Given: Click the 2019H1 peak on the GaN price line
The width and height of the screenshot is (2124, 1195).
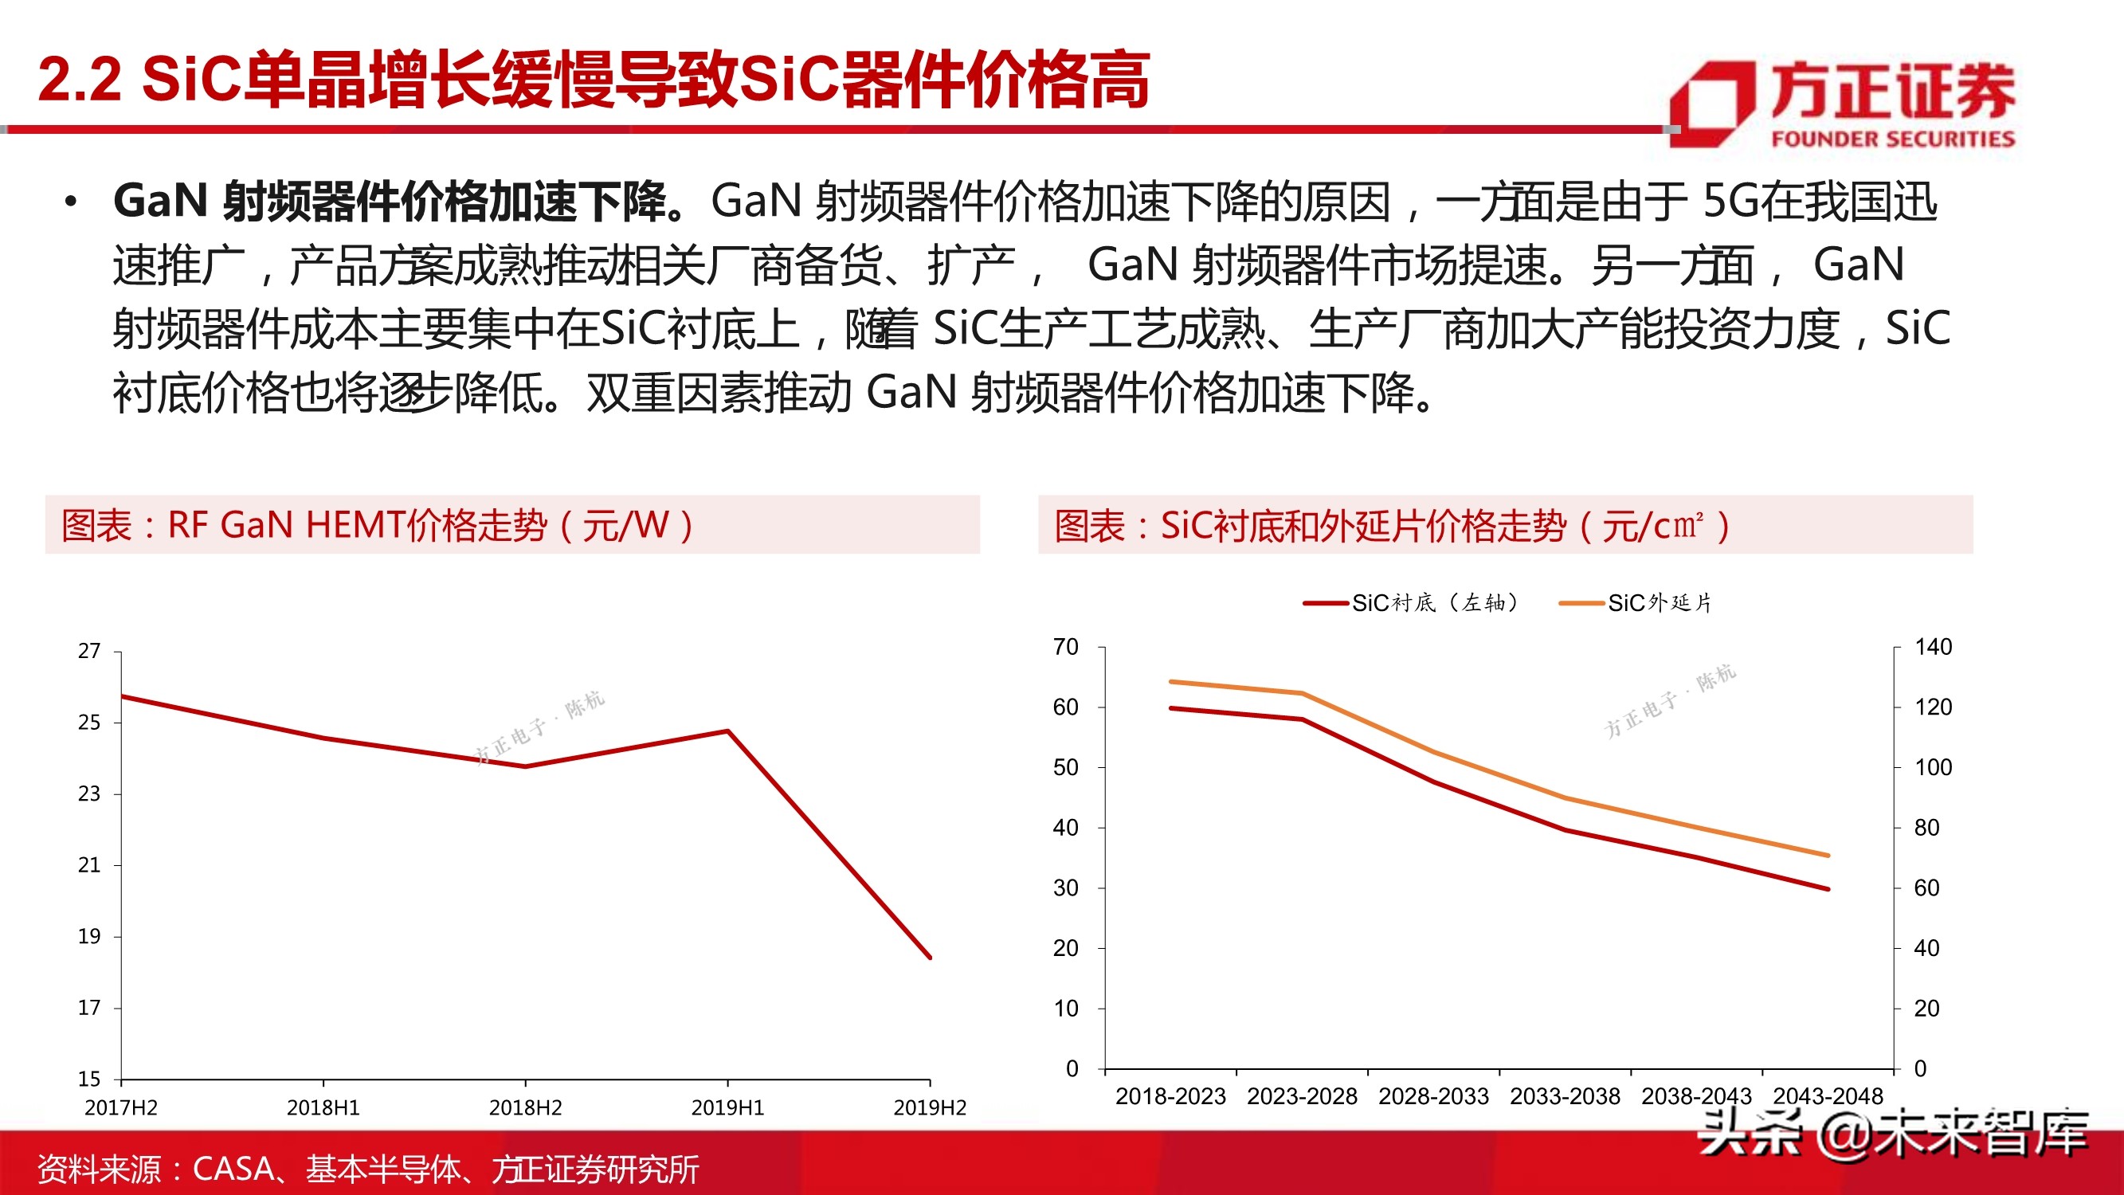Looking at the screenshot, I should (727, 731).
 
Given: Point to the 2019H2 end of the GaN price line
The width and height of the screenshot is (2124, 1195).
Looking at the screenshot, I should (930, 958).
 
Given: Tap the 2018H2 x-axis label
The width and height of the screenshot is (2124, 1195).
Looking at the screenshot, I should (525, 1107).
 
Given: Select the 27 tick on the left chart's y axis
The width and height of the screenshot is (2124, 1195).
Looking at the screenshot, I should (89, 652).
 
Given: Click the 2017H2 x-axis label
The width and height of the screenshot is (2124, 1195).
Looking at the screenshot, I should (121, 1107).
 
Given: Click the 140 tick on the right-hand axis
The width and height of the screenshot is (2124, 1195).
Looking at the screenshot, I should (1933, 647).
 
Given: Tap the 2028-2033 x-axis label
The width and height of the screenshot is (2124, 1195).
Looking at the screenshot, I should (1433, 1096).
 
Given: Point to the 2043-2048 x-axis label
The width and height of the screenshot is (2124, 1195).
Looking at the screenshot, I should (1828, 1096).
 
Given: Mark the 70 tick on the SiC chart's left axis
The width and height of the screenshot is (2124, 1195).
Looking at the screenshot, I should (1065, 647).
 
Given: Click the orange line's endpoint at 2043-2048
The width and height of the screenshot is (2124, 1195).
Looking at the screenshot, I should (1828, 855).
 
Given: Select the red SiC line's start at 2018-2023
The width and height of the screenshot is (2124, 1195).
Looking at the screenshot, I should (1171, 708).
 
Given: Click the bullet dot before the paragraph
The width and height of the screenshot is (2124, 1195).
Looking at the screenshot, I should (71, 202).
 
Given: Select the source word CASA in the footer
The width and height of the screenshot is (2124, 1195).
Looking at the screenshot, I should (233, 1169).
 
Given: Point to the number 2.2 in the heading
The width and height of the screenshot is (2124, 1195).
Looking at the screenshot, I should (79, 80).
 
